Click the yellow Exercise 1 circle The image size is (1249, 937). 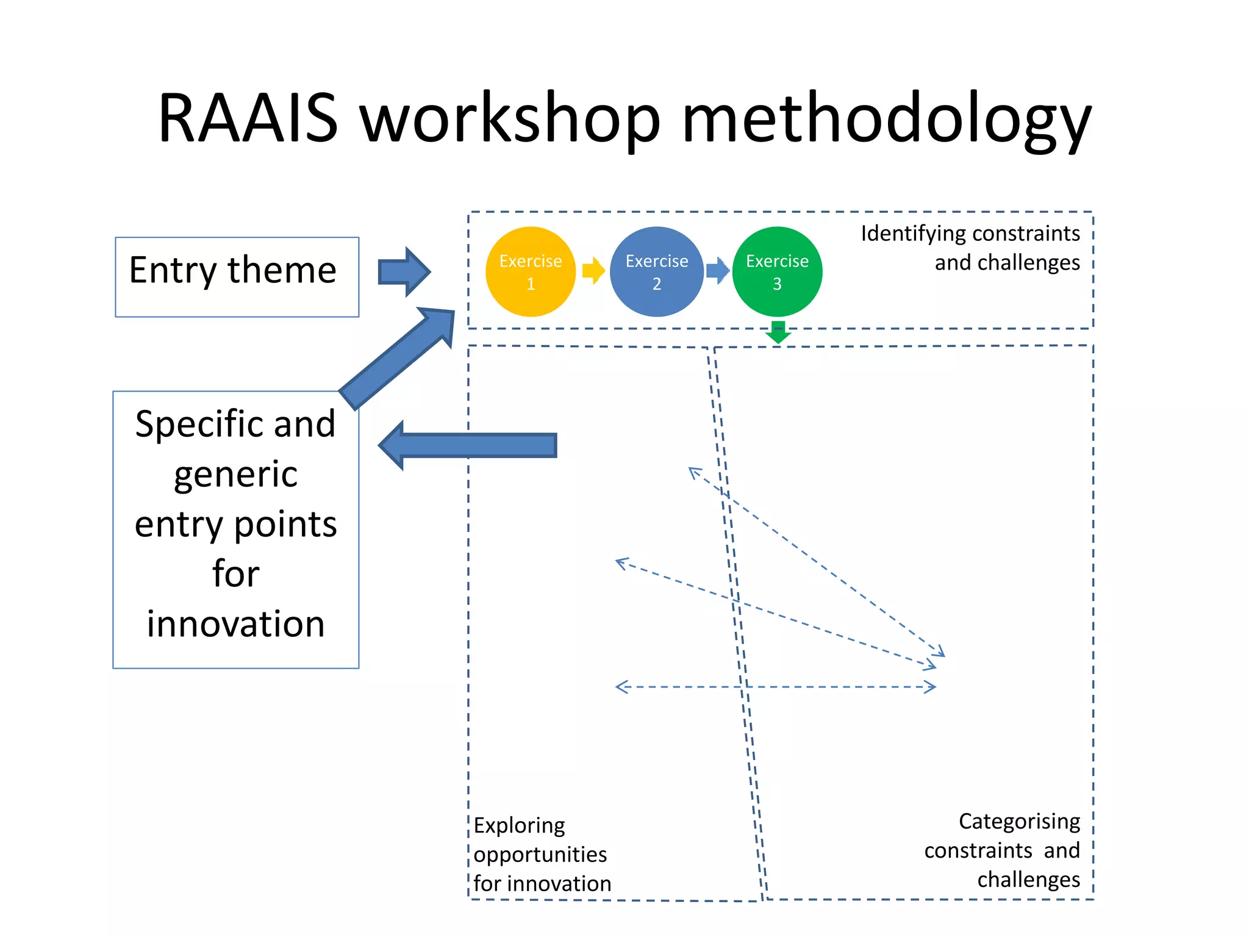[x=530, y=272]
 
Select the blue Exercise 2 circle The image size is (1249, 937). [x=656, y=272]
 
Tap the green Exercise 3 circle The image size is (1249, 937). [x=776, y=272]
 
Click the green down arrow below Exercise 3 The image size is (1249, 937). [x=778, y=332]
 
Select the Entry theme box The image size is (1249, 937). [x=237, y=277]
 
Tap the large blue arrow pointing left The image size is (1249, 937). [x=467, y=445]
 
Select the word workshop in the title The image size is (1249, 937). [x=510, y=119]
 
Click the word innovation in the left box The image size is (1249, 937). [x=235, y=624]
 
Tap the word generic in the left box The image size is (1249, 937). [x=235, y=475]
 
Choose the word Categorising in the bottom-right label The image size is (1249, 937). [x=1019, y=822]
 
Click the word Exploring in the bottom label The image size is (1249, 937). [x=519, y=826]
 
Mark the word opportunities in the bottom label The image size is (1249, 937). [x=540, y=855]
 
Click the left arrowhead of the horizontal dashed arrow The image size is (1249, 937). [x=620, y=687]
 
